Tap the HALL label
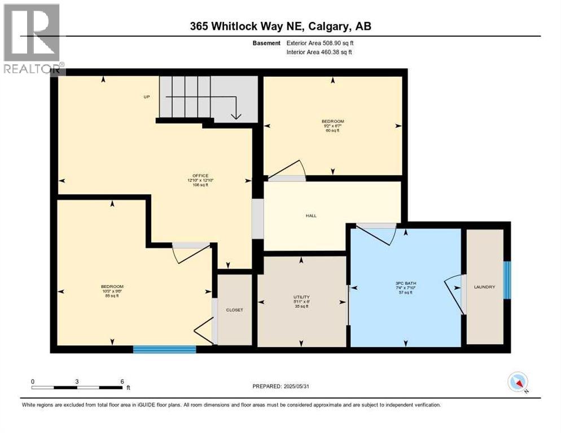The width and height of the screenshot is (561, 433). click(x=311, y=215)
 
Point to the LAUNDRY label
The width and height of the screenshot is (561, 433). click(x=484, y=287)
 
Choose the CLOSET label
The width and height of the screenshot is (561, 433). click(x=234, y=310)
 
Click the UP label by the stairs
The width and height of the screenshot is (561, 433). click(x=146, y=97)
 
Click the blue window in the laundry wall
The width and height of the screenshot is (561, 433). click(x=507, y=280)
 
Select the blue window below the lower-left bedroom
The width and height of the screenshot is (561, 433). click(x=164, y=350)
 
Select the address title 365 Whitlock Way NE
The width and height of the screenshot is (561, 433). click(x=280, y=26)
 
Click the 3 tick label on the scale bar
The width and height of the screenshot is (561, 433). click(x=77, y=381)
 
